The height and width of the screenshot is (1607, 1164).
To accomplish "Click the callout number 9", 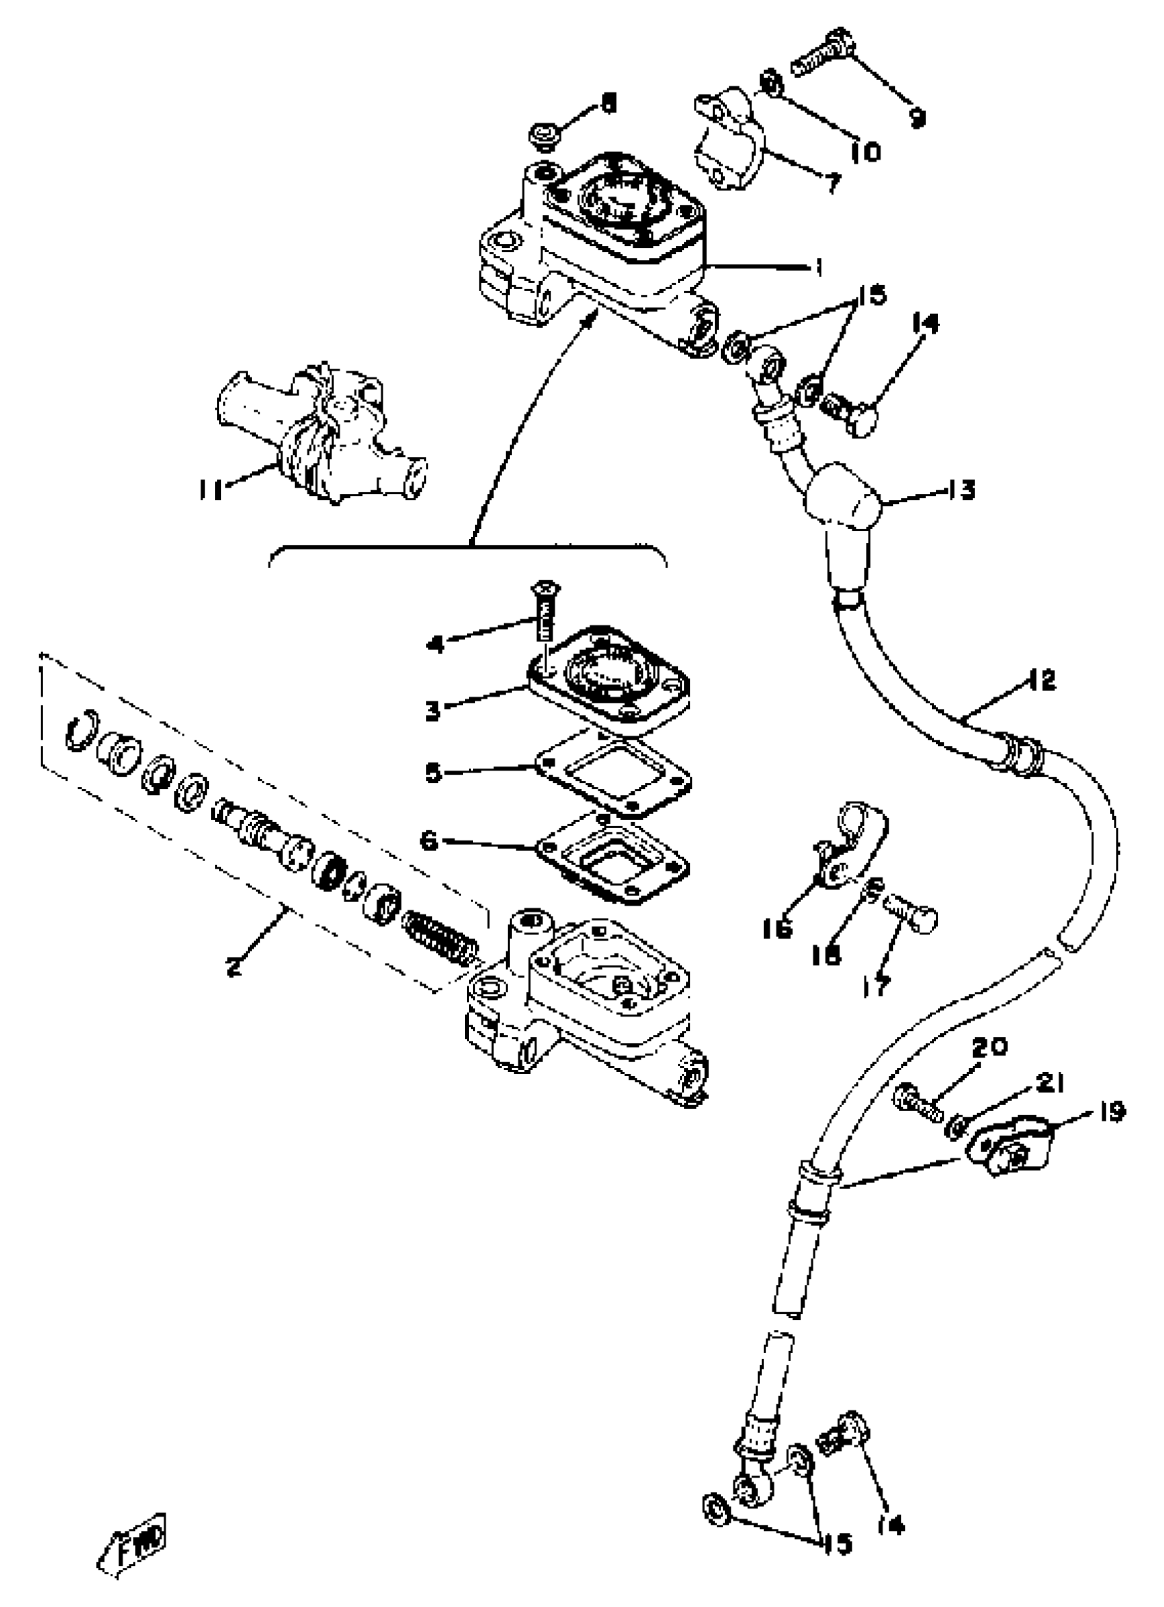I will coord(917,117).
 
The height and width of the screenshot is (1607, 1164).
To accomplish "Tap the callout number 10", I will coord(865,151).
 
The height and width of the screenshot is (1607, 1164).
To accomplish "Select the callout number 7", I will coord(833,184).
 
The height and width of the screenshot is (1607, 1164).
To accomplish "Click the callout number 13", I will coord(962,490).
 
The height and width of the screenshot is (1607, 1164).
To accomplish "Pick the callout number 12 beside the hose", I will coord(1041,680).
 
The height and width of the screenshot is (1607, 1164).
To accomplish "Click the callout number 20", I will coord(989,1046).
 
